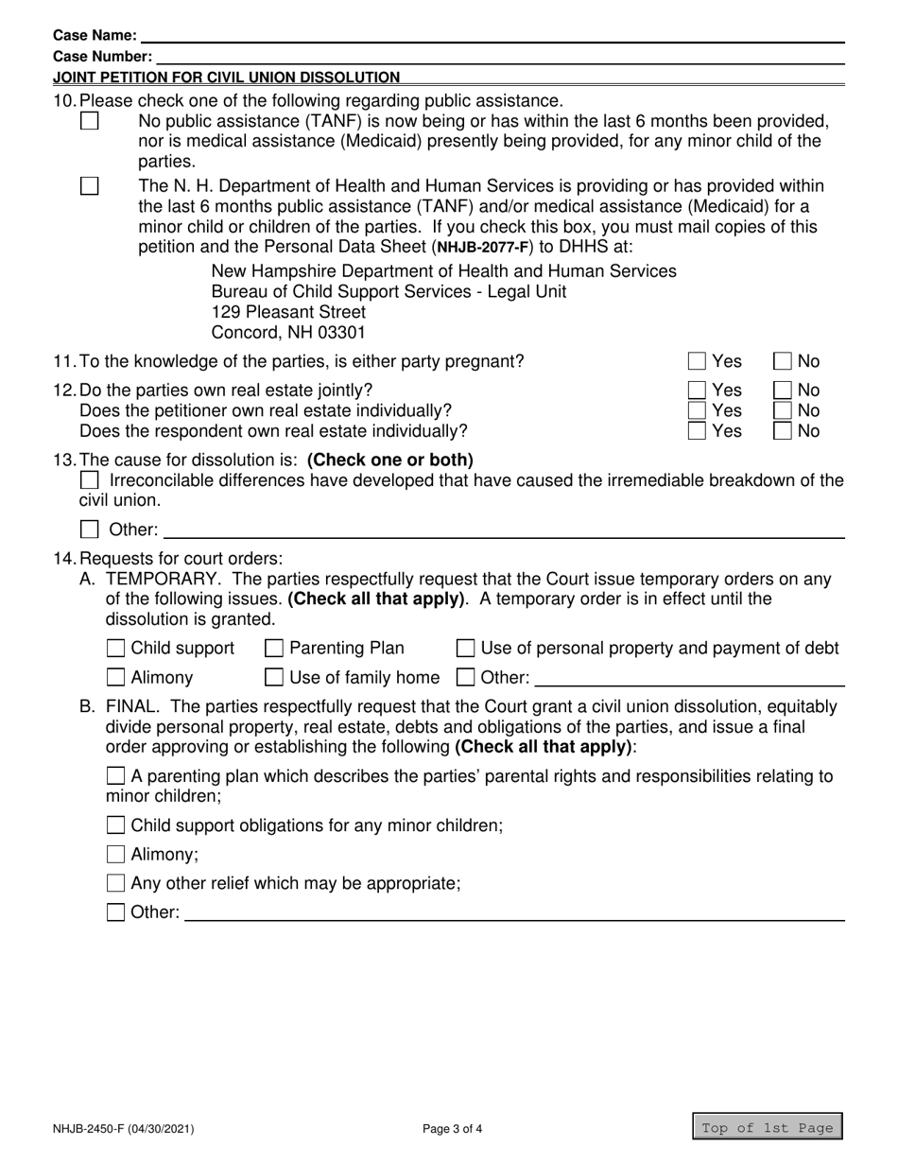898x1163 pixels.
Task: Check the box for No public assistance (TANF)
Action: point(90,122)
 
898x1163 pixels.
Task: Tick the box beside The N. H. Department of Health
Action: point(90,186)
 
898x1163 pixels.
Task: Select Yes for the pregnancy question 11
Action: point(697,361)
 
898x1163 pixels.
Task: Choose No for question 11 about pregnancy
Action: point(784,361)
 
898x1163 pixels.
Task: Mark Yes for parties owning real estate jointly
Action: point(697,390)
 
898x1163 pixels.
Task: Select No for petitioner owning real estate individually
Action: point(784,410)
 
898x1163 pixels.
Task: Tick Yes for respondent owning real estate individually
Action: point(697,431)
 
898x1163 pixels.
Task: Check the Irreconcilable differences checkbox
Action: point(90,481)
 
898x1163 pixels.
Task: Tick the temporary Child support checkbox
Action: point(115,649)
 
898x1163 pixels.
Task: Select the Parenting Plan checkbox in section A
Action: point(274,649)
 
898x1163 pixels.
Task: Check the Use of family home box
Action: point(274,677)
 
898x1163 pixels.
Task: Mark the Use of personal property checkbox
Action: point(466,649)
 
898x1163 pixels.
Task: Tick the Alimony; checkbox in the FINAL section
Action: point(115,855)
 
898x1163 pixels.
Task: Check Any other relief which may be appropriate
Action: point(115,884)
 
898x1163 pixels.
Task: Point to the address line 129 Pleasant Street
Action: point(288,312)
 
